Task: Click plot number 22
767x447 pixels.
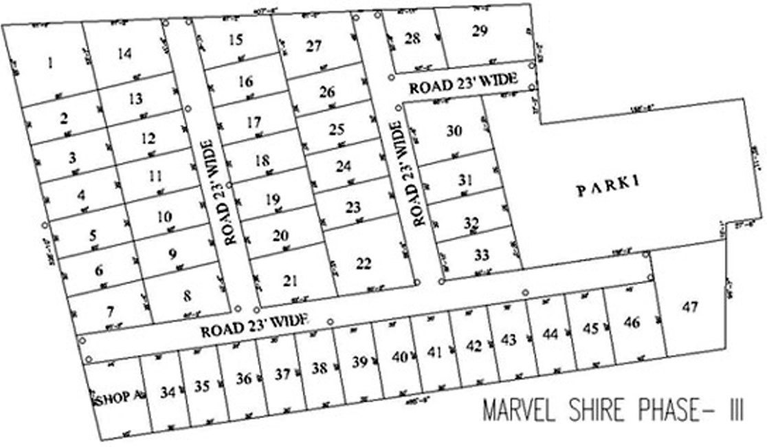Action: click(364, 263)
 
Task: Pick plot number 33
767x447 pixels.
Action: click(482, 256)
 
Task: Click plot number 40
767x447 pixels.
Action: click(399, 356)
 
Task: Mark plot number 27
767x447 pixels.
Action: click(313, 47)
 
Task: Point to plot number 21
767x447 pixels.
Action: click(290, 280)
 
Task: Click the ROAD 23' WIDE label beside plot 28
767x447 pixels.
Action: click(462, 84)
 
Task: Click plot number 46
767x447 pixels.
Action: click(632, 322)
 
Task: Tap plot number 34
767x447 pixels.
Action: click(167, 392)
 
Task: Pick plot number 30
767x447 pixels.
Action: click(453, 131)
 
